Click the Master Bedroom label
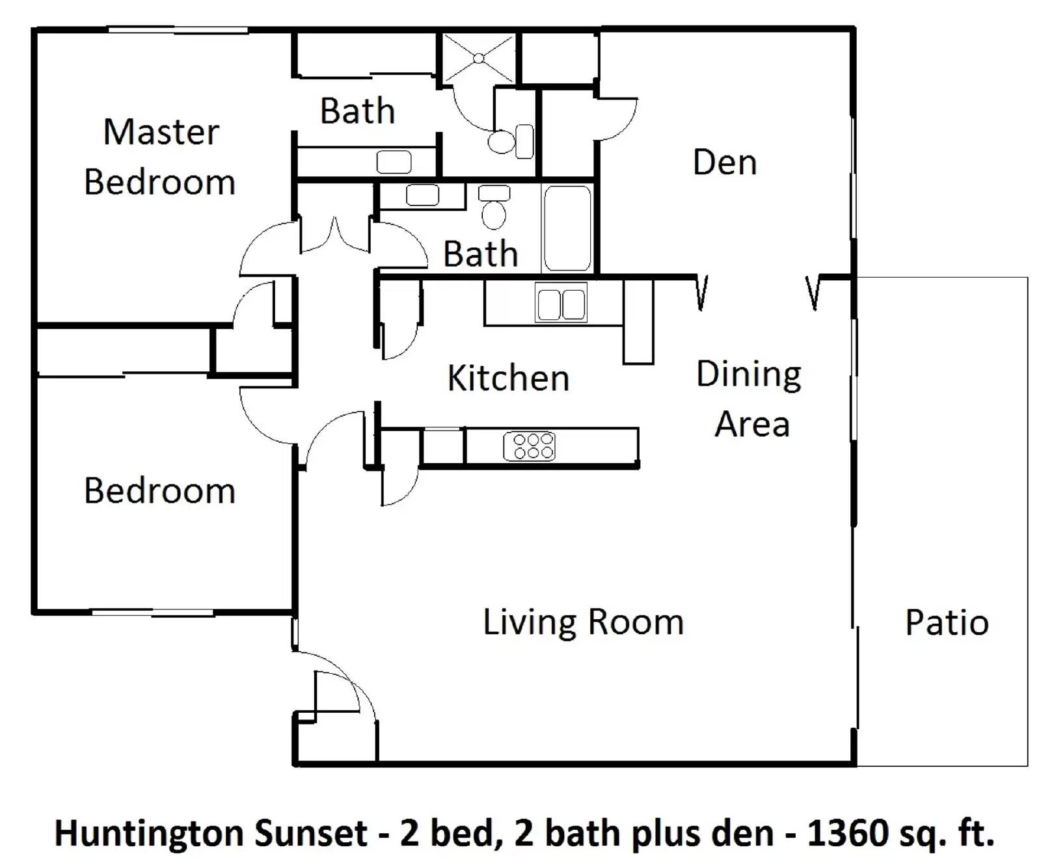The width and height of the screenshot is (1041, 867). (x=160, y=157)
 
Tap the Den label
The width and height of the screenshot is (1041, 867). (x=725, y=163)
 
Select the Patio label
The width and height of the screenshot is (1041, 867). (x=947, y=622)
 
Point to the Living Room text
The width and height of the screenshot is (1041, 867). (x=583, y=622)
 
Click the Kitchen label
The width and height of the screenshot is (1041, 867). (x=508, y=378)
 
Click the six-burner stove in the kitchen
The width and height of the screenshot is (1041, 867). (x=530, y=446)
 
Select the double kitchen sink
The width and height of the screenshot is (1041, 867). (x=561, y=304)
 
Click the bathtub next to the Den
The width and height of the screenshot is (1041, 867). (x=567, y=228)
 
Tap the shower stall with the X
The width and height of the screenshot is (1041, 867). (x=479, y=59)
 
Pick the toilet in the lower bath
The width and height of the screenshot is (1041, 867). (x=494, y=207)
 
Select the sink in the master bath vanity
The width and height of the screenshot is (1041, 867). (x=394, y=162)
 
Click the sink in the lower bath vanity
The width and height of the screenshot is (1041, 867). (x=422, y=194)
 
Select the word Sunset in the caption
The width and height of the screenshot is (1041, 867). (x=311, y=833)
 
